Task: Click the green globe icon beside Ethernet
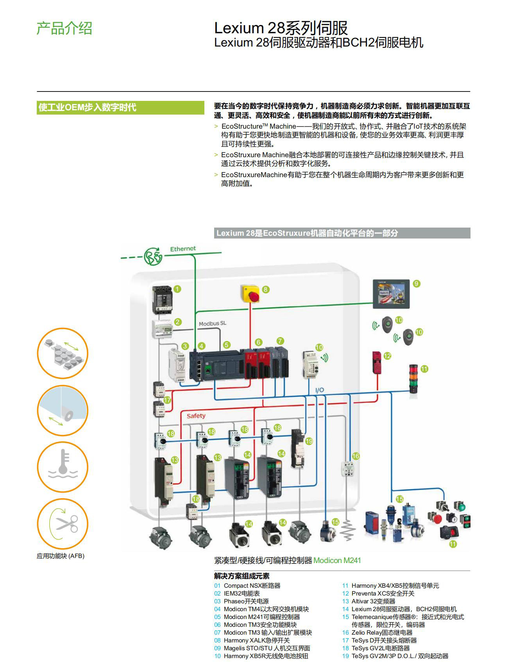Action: (x=153, y=256)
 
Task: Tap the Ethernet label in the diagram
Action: (x=183, y=249)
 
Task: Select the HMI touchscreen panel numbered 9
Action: (x=391, y=294)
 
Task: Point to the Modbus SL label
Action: (x=212, y=323)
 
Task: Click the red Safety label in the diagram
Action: (x=196, y=416)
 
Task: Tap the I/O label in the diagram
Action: (x=319, y=390)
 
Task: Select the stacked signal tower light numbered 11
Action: (x=413, y=379)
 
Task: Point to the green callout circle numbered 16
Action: (x=356, y=456)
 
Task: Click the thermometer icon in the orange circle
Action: (x=63, y=467)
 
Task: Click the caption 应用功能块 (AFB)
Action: (x=61, y=556)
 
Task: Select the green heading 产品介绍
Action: (x=64, y=29)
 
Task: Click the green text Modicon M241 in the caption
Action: (x=337, y=560)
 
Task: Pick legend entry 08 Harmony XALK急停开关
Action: (x=256, y=640)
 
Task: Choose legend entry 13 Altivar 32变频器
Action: (x=373, y=601)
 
